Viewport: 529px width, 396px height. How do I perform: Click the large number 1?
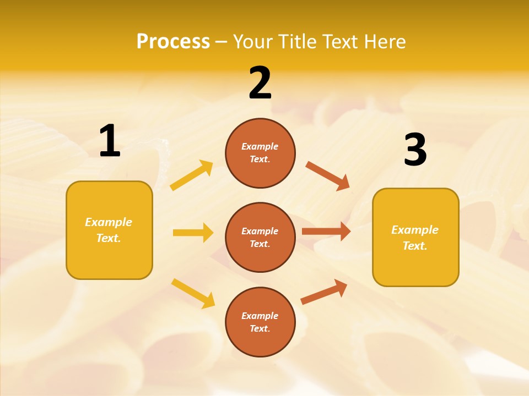[x=110, y=141]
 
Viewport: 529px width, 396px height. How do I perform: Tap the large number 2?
[x=260, y=83]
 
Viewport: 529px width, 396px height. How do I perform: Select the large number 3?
[x=415, y=150]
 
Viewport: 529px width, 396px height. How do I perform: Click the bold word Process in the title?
[x=173, y=41]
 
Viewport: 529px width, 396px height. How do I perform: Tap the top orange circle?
[x=260, y=153]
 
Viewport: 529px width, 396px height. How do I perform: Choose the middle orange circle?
[x=260, y=238]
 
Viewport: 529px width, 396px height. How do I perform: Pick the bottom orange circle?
[x=260, y=322]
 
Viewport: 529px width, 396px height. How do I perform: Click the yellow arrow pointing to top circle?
[x=192, y=175]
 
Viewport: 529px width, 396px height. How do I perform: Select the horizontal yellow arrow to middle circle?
[x=193, y=233]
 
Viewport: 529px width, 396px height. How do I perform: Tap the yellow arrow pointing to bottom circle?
[x=193, y=293]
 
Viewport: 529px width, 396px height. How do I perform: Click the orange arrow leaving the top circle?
[x=327, y=175]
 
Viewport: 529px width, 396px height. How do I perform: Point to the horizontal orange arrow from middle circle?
[x=326, y=232]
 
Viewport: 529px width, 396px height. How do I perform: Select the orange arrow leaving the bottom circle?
[x=324, y=291]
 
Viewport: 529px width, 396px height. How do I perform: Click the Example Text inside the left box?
[x=109, y=230]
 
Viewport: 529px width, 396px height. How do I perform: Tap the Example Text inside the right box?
[x=415, y=238]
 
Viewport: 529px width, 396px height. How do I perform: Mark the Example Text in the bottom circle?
[x=260, y=322]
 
